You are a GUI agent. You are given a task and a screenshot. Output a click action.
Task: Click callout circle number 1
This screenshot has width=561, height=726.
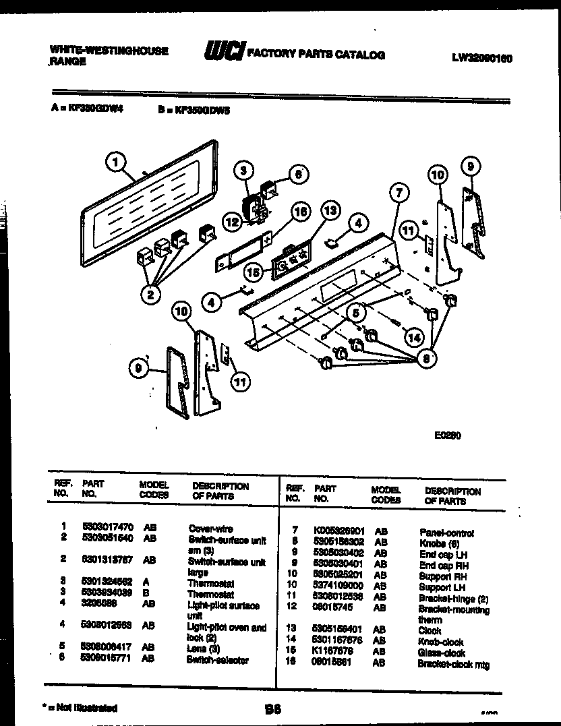[x=117, y=162]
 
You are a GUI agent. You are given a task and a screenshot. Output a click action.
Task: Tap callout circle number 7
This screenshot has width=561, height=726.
[x=398, y=193]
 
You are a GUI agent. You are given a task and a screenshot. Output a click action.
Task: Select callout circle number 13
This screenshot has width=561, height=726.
[x=329, y=211]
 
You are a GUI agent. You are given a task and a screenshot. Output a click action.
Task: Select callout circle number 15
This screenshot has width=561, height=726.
[x=254, y=272]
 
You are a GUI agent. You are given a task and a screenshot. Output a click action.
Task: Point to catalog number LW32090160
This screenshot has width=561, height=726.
[x=482, y=58]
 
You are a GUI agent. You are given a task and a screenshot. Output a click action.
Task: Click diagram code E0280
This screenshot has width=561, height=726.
[x=448, y=435]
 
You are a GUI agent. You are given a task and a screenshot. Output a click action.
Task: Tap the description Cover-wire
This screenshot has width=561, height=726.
[x=210, y=529]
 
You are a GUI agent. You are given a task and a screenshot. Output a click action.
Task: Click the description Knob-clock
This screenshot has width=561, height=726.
[x=440, y=642]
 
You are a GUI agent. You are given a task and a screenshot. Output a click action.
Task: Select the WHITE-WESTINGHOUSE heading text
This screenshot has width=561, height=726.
[x=109, y=51]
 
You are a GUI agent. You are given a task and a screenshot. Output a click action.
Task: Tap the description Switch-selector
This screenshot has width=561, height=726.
[x=217, y=660]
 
